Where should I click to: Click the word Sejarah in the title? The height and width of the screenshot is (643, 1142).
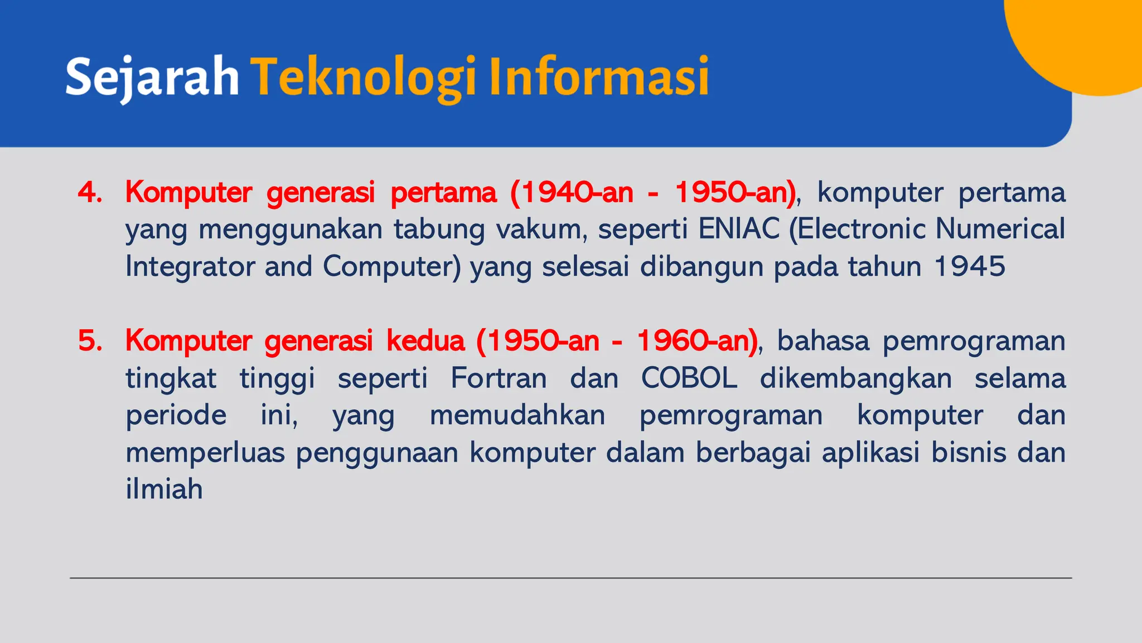coord(152,77)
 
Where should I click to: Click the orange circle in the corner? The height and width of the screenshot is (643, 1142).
coord(1082,39)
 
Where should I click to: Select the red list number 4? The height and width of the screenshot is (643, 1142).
coord(90,193)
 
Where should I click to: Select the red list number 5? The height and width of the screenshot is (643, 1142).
coord(90,341)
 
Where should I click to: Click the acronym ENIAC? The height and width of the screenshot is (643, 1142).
coord(738,229)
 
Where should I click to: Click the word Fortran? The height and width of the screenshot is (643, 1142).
coord(499,378)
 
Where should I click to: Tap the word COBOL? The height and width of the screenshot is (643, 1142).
coord(689,378)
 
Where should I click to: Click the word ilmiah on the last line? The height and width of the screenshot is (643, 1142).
coord(164,490)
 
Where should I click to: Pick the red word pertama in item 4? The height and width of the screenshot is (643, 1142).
coord(443,193)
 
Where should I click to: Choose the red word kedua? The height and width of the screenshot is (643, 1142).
coord(425,341)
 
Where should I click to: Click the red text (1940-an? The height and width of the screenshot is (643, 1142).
coord(571,193)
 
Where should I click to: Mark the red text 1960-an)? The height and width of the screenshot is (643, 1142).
coord(697,341)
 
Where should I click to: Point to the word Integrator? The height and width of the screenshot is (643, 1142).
coord(189,267)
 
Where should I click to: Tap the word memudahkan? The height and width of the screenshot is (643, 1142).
coord(517,416)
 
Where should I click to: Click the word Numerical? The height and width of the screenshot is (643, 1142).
coord(1000,229)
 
